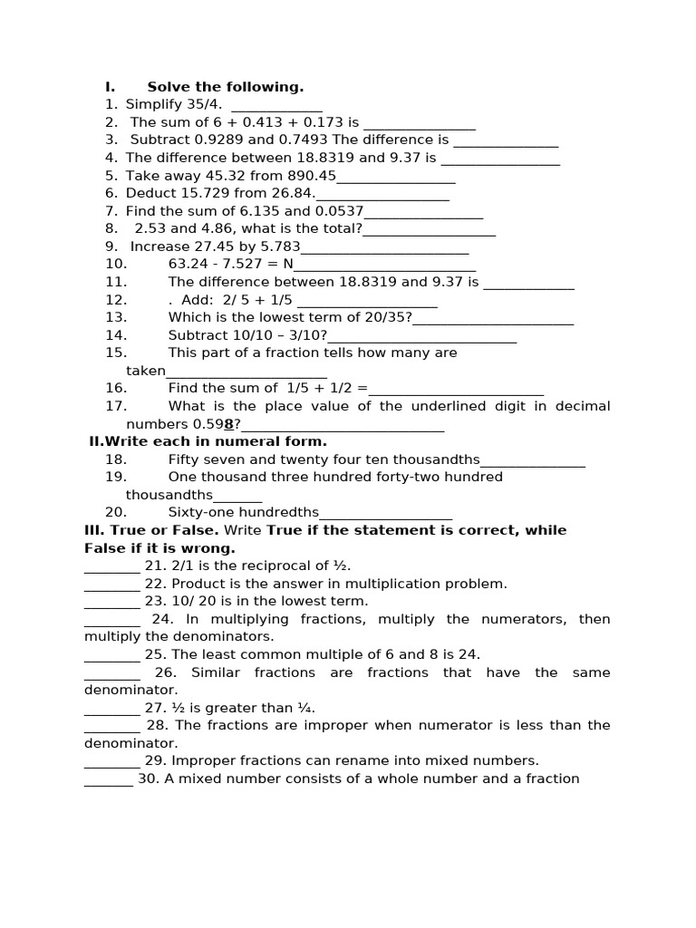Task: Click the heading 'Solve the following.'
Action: point(226,87)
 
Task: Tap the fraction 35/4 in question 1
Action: point(204,104)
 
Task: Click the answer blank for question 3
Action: point(506,140)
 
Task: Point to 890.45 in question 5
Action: point(312,176)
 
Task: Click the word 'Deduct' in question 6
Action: point(151,193)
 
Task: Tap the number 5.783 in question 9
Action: point(278,246)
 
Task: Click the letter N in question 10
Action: point(288,264)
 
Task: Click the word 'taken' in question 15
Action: point(146,371)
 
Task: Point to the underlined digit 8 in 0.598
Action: point(229,424)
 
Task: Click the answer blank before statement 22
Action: point(112,585)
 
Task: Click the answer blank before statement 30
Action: point(109,779)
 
